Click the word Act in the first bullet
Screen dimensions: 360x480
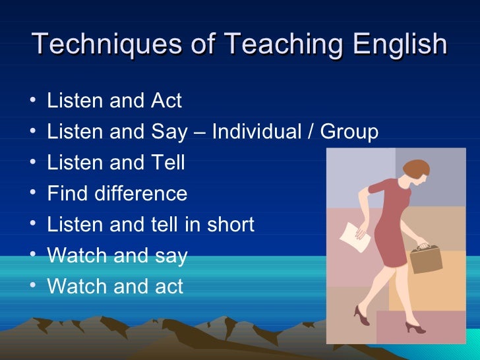pos(166,101)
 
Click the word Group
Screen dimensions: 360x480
pos(349,133)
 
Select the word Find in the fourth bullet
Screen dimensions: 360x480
pos(64,193)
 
